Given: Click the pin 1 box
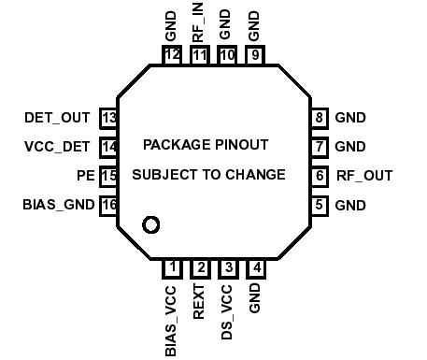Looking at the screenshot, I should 171,268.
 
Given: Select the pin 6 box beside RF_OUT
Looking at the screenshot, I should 320,175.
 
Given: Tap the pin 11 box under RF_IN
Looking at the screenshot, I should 199,55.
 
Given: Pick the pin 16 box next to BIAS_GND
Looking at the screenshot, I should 109,205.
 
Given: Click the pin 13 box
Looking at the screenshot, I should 109,118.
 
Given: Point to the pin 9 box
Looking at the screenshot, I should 255,55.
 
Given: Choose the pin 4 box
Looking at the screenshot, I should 255,268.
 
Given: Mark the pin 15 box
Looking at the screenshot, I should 109,176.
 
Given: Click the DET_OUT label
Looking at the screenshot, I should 57,118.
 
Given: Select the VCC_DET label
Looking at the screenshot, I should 57,147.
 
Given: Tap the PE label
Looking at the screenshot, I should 85,176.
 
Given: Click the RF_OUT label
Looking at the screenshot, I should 364,175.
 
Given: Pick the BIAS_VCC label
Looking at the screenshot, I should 171,322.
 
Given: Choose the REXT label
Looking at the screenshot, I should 199,303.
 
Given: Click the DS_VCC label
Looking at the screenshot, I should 227,312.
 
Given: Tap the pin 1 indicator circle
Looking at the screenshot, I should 149,224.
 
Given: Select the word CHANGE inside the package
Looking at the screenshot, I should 255,175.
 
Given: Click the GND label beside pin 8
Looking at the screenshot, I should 350,118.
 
